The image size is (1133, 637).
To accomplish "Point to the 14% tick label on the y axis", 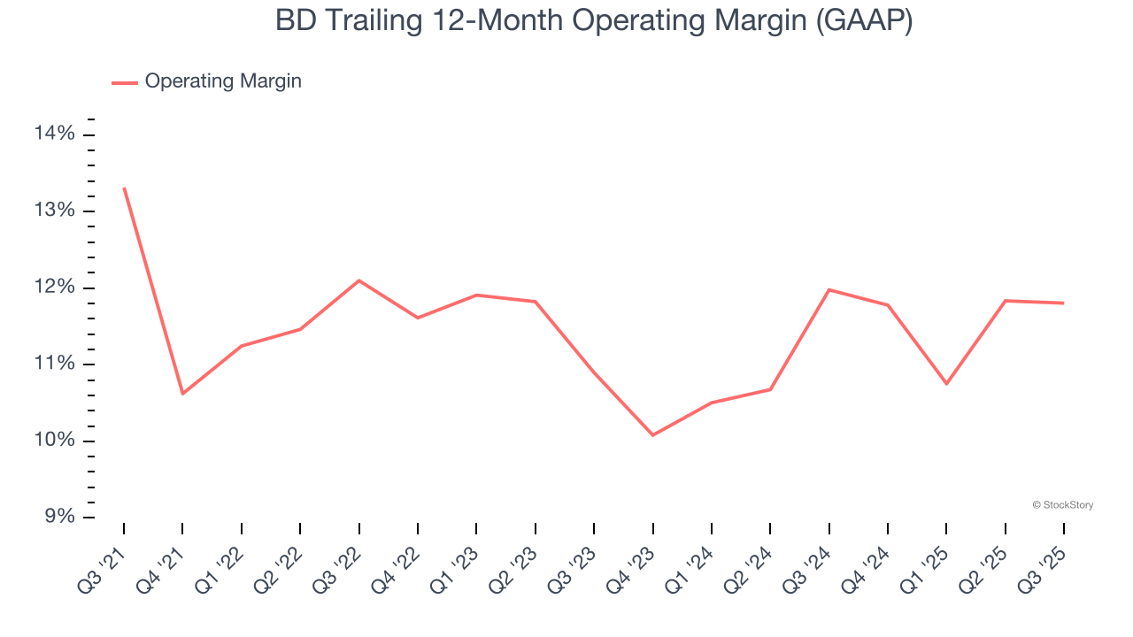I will [55, 134].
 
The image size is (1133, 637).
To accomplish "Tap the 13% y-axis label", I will [55, 211].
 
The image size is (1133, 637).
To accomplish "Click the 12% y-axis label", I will [55, 288].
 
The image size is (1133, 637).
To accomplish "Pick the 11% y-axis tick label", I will [55, 365].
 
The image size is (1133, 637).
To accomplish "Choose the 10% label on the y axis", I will [55, 441].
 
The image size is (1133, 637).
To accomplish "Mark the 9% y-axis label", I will [59, 518].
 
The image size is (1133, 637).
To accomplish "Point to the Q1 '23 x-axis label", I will [459, 561].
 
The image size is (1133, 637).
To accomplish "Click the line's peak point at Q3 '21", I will [124, 188].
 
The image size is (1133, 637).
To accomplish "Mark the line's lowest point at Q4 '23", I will [653, 435].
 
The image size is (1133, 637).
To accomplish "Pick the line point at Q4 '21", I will [182, 394].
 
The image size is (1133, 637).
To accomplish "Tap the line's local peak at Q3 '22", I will [358, 280].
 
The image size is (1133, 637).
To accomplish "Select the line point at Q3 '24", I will [829, 289].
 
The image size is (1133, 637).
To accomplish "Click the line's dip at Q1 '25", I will [946, 384].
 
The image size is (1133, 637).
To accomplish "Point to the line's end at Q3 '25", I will [1063, 303].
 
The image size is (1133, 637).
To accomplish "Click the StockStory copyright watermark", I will [1063, 505].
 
